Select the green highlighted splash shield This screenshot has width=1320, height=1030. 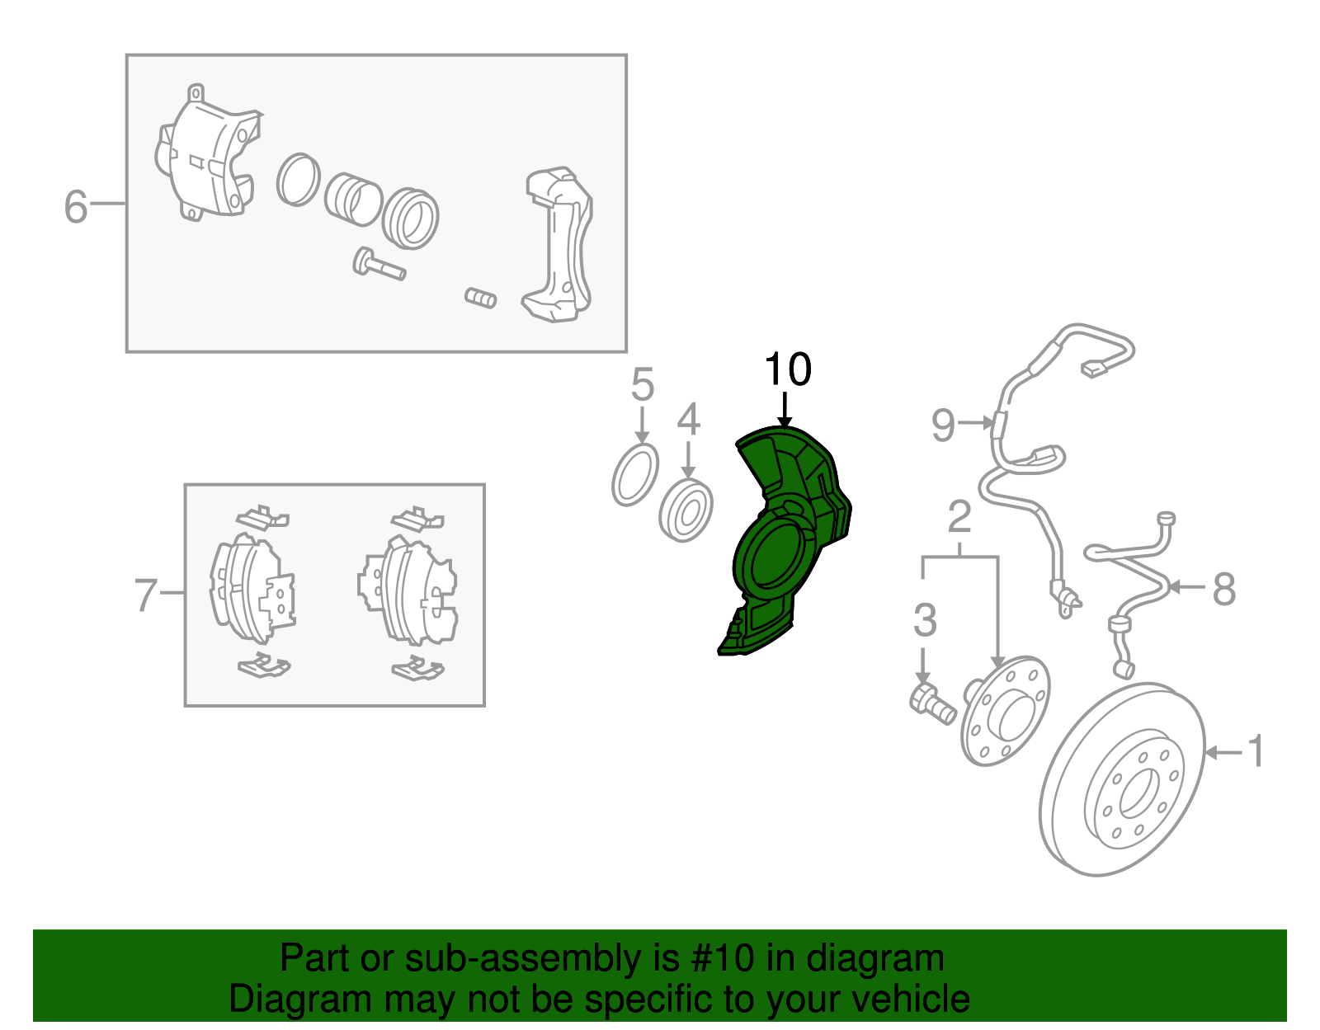(784, 540)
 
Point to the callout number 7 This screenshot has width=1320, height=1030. (146, 595)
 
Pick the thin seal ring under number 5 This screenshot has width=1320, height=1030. (635, 475)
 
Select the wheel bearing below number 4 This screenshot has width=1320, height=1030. (686, 510)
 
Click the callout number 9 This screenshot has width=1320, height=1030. (943, 425)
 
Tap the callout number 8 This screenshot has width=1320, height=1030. (1224, 588)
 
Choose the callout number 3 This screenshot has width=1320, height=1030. (925, 619)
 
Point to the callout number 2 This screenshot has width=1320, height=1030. (959, 516)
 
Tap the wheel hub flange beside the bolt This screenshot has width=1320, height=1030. (1006, 711)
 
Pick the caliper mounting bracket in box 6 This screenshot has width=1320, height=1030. (558, 244)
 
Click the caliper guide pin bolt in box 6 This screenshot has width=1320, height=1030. (379, 265)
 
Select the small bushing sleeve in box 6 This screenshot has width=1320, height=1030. (480, 298)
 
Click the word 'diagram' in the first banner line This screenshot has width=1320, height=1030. (875, 960)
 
